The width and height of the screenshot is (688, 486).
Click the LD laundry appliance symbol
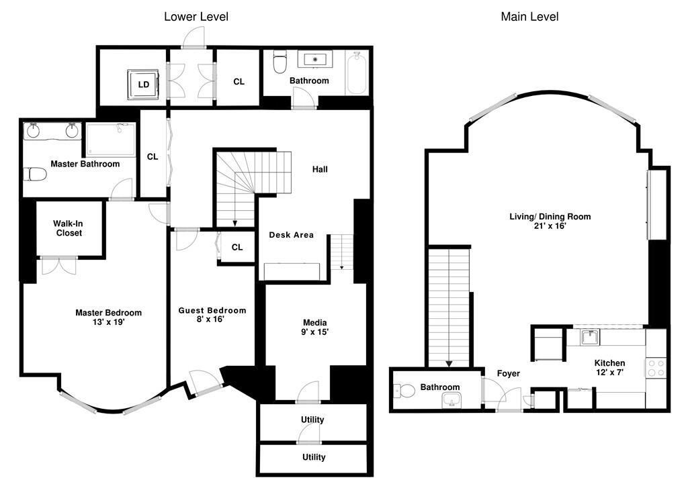[x=144, y=84]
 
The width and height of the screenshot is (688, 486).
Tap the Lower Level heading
[x=196, y=17]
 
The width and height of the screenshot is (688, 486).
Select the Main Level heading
[x=529, y=17]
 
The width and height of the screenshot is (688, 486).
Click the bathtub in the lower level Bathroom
[x=356, y=73]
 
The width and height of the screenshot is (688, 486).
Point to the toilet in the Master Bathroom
[x=35, y=175]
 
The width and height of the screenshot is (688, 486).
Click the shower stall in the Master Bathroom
[x=111, y=140]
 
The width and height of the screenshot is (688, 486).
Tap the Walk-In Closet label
[x=69, y=228]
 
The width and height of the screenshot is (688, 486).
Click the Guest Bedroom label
[x=212, y=310]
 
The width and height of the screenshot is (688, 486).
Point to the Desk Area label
[x=292, y=235]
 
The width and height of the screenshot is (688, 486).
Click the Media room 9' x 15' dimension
[x=314, y=332]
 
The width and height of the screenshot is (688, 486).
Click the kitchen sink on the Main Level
[x=591, y=338]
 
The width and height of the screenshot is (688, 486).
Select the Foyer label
[x=508, y=373]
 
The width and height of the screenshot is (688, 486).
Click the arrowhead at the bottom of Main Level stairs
[x=449, y=364]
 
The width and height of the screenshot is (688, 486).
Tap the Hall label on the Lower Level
[x=320, y=169]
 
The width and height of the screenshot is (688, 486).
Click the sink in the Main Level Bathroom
[x=451, y=399]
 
